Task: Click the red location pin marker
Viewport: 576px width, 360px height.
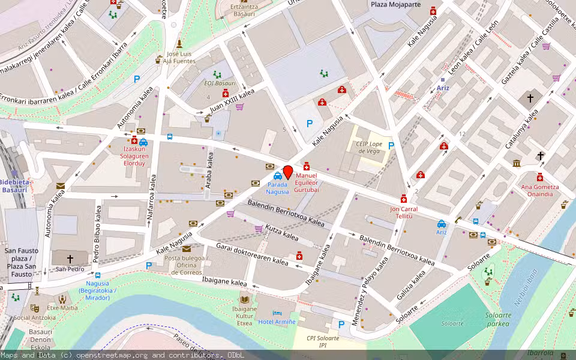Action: click(x=287, y=172)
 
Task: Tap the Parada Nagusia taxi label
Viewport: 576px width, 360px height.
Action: click(x=278, y=188)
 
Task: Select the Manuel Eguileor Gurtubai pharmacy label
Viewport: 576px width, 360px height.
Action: click(x=307, y=183)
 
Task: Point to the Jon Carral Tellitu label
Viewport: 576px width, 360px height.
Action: click(x=403, y=212)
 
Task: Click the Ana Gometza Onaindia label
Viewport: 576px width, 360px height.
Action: click(x=539, y=190)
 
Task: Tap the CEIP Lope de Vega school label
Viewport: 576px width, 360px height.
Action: click(x=370, y=148)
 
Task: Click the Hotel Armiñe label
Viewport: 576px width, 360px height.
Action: click(x=277, y=322)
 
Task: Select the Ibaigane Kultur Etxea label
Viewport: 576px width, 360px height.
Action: click(x=244, y=316)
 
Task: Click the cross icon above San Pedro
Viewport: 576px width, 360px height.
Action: click(x=70, y=259)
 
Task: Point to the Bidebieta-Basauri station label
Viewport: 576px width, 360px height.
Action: click(x=14, y=185)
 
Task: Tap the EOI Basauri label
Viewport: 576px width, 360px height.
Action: click(x=220, y=83)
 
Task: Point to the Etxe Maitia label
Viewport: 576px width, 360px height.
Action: click(x=62, y=308)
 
